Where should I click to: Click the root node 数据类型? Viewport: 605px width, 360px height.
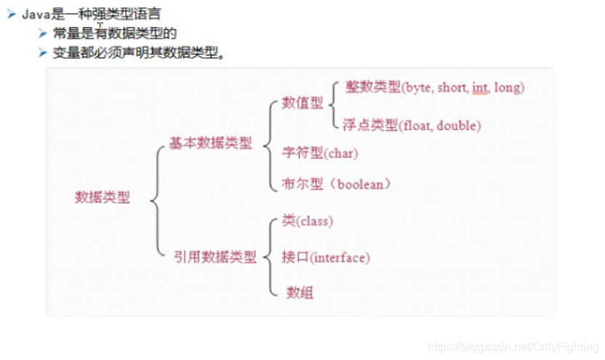[103, 198]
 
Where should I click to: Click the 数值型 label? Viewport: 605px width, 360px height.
[302, 103]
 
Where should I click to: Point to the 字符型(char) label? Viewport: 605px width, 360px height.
[320, 153]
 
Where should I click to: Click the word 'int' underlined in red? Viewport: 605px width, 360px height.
[479, 88]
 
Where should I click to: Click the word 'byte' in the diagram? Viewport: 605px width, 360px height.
[419, 88]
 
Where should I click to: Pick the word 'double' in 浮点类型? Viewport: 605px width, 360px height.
[460, 126]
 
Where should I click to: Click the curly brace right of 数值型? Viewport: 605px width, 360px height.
[334, 104]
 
